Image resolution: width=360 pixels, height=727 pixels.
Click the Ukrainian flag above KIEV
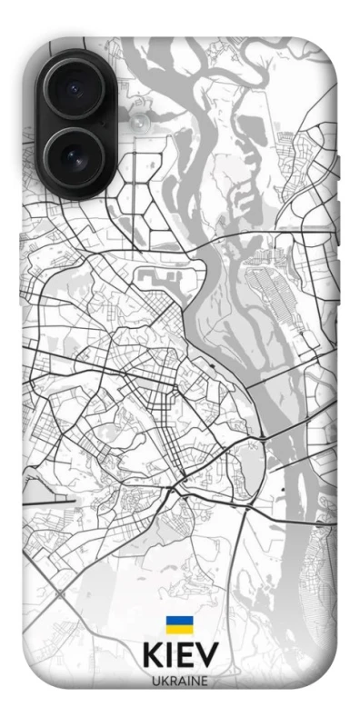(x=178, y=626)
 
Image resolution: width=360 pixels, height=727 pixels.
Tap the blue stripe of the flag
(x=178, y=622)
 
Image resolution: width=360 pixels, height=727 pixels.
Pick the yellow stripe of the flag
(x=178, y=631)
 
